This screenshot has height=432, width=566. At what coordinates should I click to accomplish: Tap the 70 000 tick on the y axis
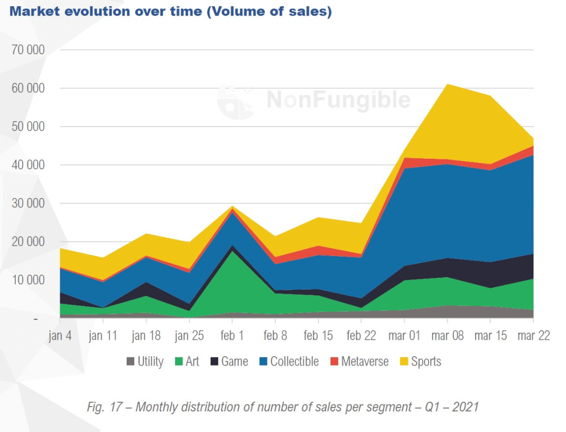[x=28, y=50]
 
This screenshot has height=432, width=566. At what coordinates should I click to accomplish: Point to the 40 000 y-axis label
[x=28, y=165]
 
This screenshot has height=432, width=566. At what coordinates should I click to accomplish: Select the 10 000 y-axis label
[x=28, y=280]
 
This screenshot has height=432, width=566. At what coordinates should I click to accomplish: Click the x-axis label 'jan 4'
[x=60, y=336]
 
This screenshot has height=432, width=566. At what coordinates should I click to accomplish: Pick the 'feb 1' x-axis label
[x=232, y=336]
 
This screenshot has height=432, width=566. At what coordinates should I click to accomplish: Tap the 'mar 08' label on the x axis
[x=447, y=336]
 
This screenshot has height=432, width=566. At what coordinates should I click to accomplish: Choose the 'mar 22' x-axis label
[x=533, y=336]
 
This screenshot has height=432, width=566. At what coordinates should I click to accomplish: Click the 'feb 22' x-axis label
[x=361, y=336]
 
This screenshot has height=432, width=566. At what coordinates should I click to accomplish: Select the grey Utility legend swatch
[x=130, y=362]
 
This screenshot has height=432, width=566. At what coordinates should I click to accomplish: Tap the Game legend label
[x=234, y=362]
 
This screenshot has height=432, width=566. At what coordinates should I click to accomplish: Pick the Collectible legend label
[x=294, y=362]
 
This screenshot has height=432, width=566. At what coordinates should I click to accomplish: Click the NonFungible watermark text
[x=339, y=100]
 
